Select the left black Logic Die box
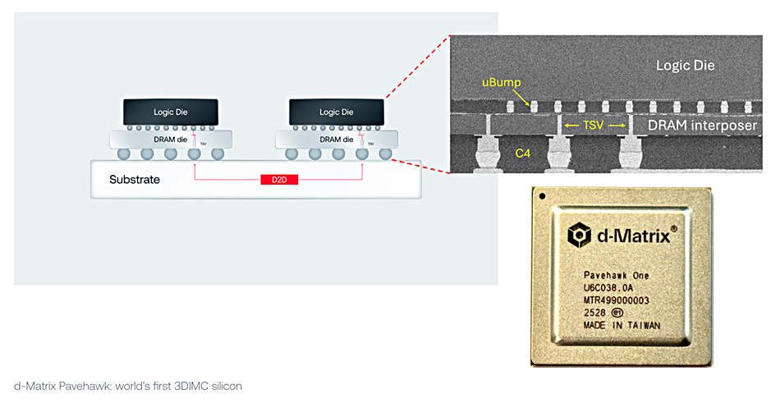pos(171,112)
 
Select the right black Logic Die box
pos(336,112)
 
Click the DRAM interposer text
pos(701,126)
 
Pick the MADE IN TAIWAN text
pos(621,325)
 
